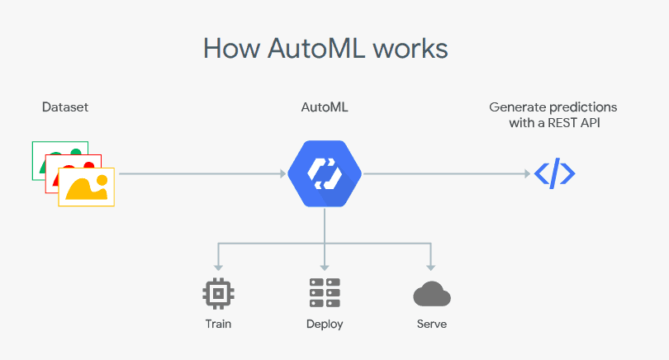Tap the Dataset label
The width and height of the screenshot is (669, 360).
65,107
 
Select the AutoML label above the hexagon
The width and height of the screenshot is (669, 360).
324,107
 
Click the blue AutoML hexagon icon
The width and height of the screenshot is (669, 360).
325,173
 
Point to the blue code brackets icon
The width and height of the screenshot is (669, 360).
554,173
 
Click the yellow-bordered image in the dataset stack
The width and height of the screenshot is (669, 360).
86,187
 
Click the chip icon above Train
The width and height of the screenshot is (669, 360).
219,293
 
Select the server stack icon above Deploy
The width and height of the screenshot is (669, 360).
325,293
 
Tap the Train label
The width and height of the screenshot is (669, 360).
219,324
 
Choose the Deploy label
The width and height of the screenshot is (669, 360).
325,324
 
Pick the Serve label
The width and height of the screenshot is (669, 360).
431,324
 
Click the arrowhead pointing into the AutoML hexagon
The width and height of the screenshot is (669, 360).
281,173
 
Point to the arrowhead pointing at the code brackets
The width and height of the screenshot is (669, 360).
525,173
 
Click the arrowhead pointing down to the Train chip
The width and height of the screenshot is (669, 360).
219,268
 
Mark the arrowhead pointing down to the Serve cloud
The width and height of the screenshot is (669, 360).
430,268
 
